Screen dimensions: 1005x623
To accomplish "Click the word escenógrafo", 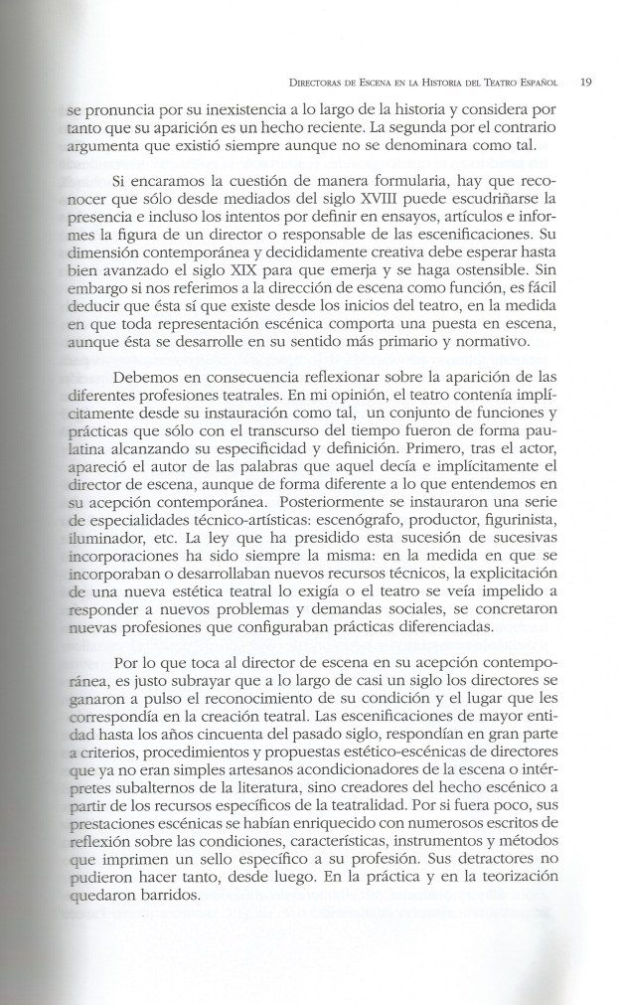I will point(390,550).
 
